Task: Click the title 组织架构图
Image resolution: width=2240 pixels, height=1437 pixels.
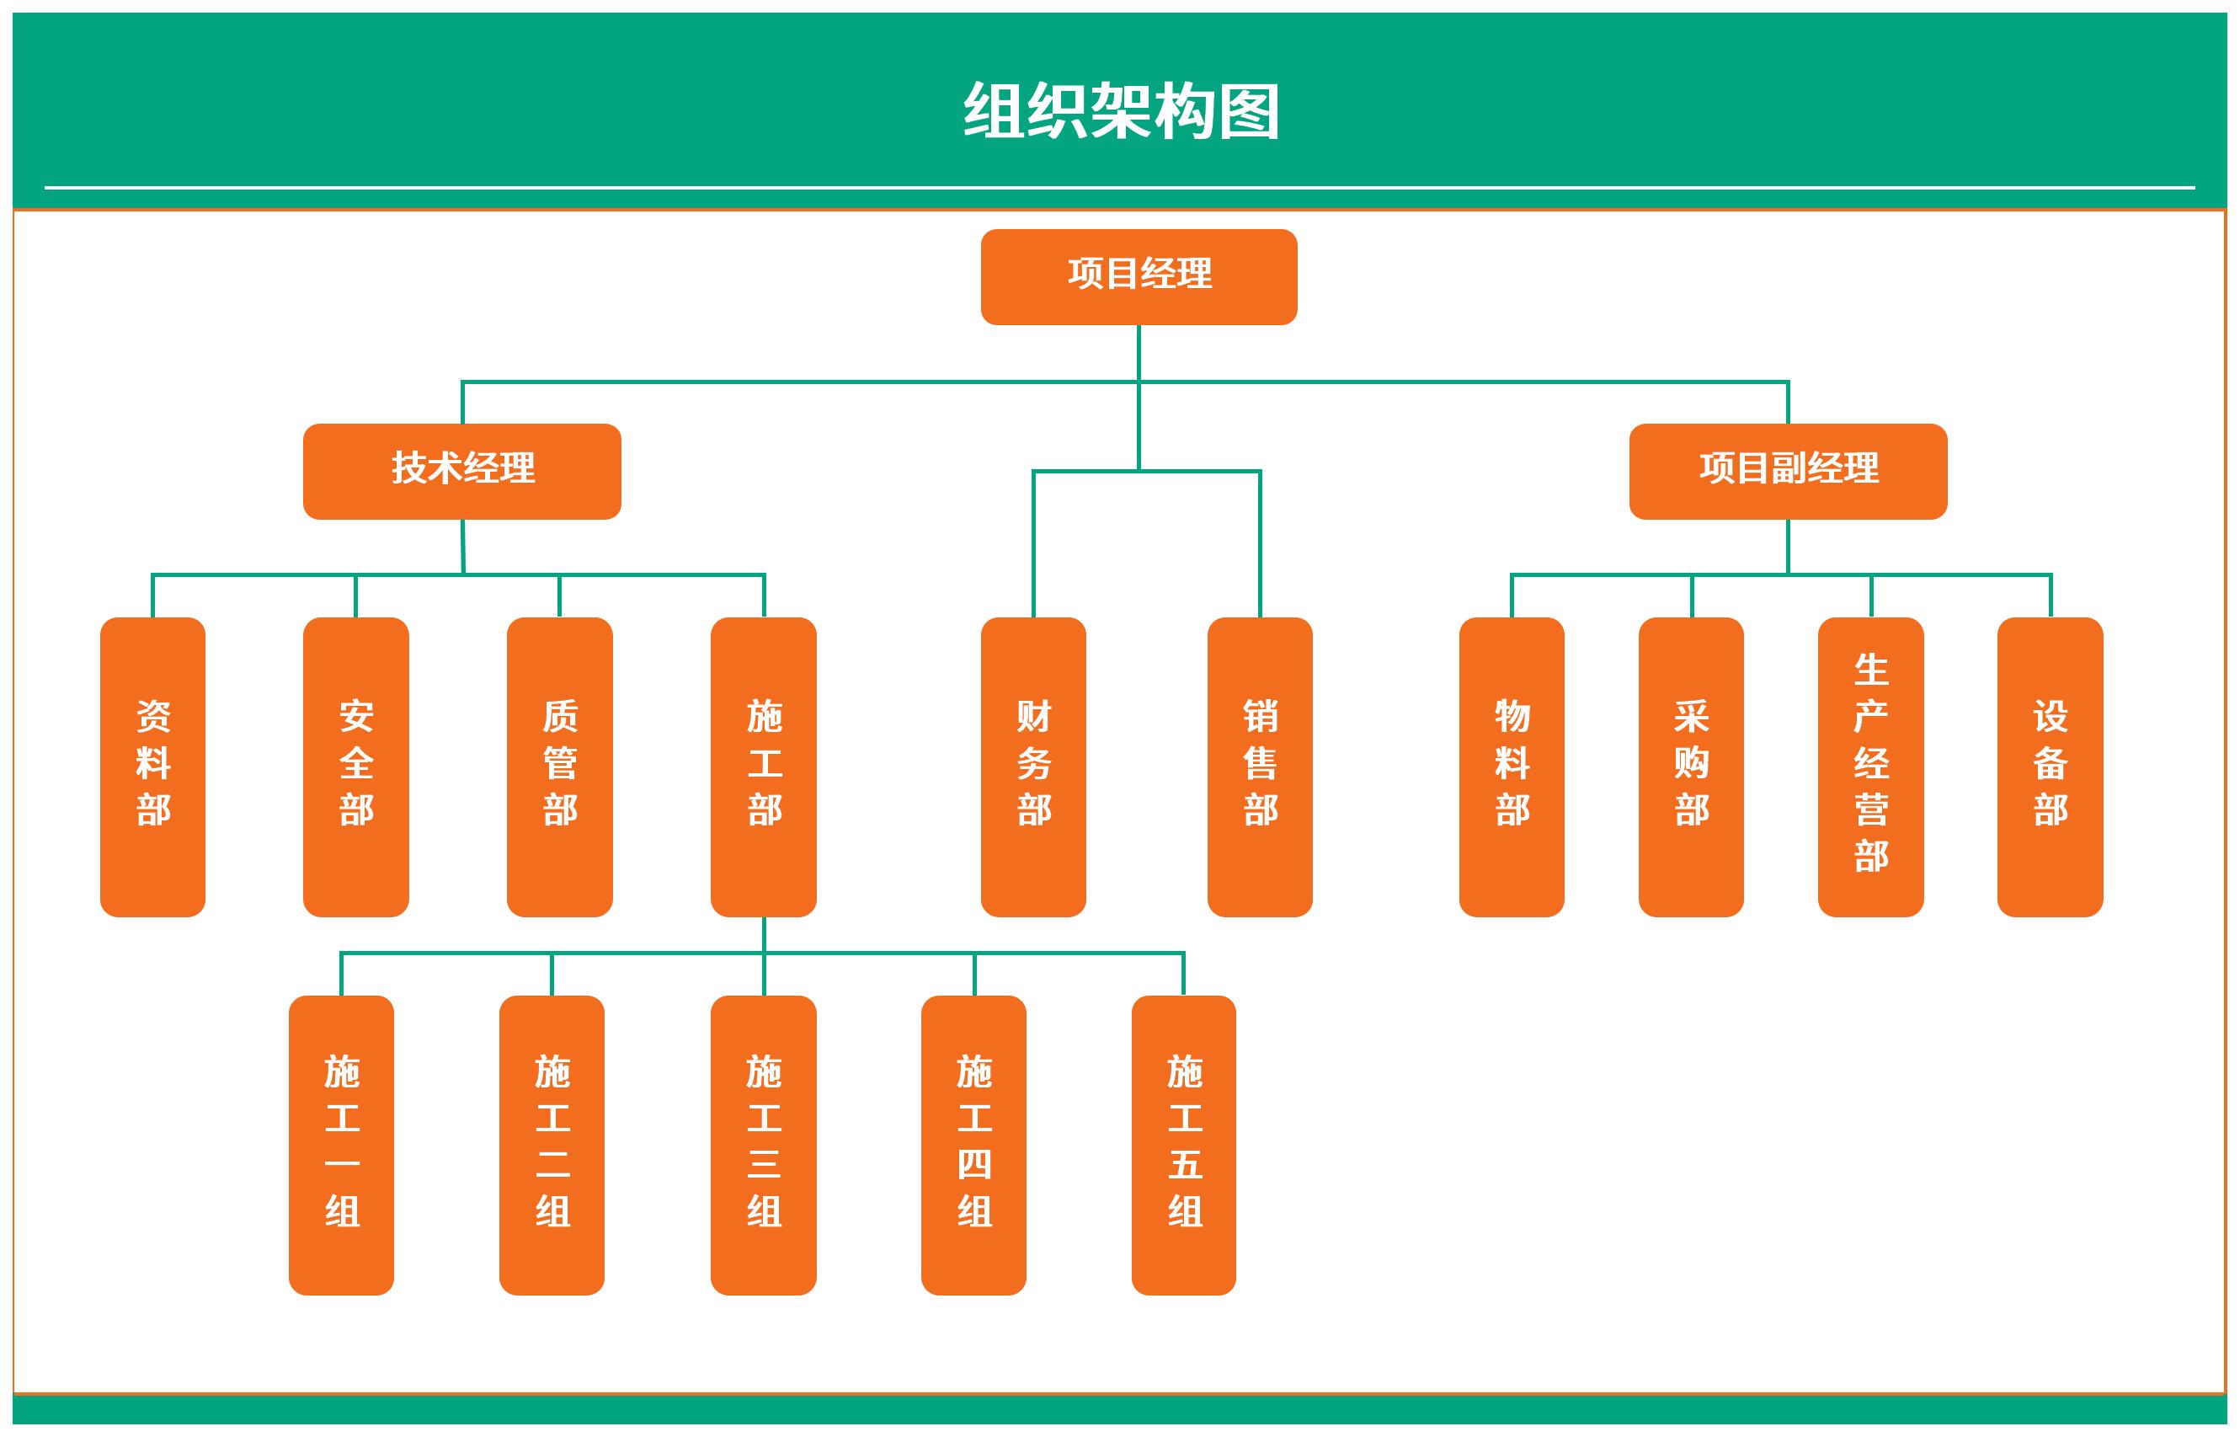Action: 1121,111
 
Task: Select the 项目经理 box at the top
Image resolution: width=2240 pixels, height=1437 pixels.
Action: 1139,276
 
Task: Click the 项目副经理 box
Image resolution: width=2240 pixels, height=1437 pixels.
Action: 1788,470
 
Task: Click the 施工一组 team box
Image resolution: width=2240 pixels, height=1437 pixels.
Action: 340,1144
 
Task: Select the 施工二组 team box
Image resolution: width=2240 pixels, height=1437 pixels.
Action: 552,1144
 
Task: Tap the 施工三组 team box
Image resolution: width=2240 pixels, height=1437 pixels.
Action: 763,1144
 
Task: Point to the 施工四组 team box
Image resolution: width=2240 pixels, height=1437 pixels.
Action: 973,1144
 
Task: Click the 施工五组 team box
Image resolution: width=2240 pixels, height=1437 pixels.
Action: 1183,1144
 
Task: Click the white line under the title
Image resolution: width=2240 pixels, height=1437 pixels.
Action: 1119,188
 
